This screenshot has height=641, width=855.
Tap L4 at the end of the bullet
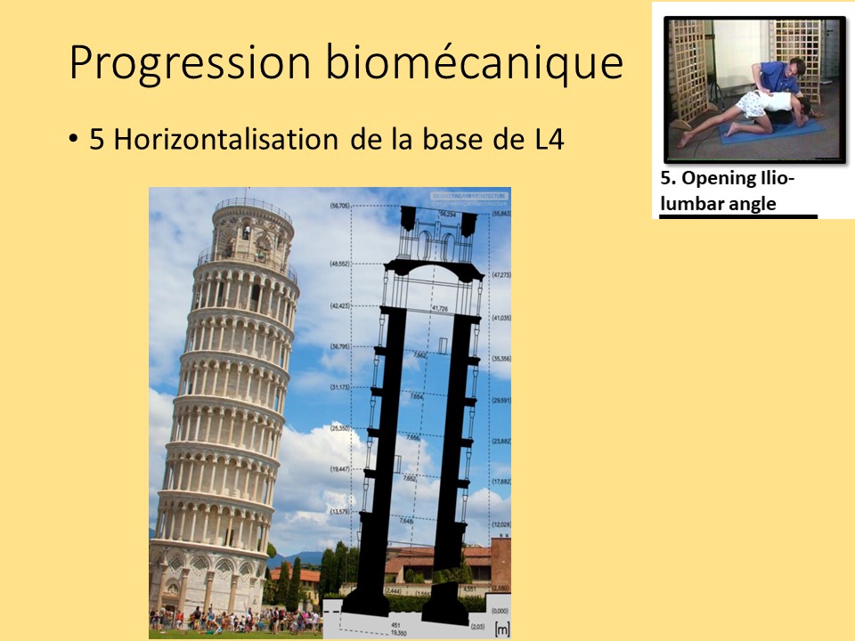(x=545, y=140)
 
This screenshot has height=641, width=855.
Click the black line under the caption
(x=738, y=216)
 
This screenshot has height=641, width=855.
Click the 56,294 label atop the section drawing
(x=455, y=214)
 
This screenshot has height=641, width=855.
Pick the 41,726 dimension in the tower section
(x=438, y=307)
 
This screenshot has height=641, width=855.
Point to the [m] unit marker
(x=501, y=629)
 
